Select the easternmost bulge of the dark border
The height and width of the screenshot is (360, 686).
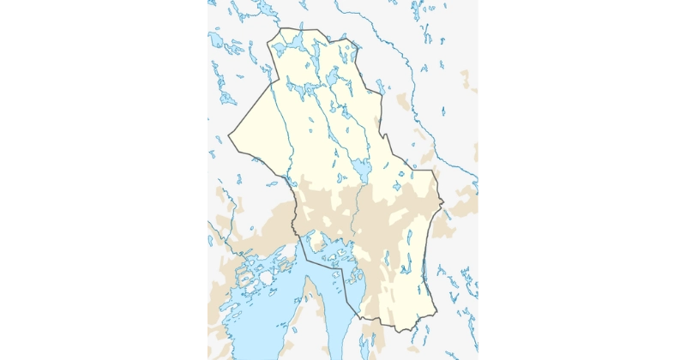pyautogui.click(x=443, y=203)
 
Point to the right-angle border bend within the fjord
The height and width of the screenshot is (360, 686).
pyautogui.click(x=343, y=273)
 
